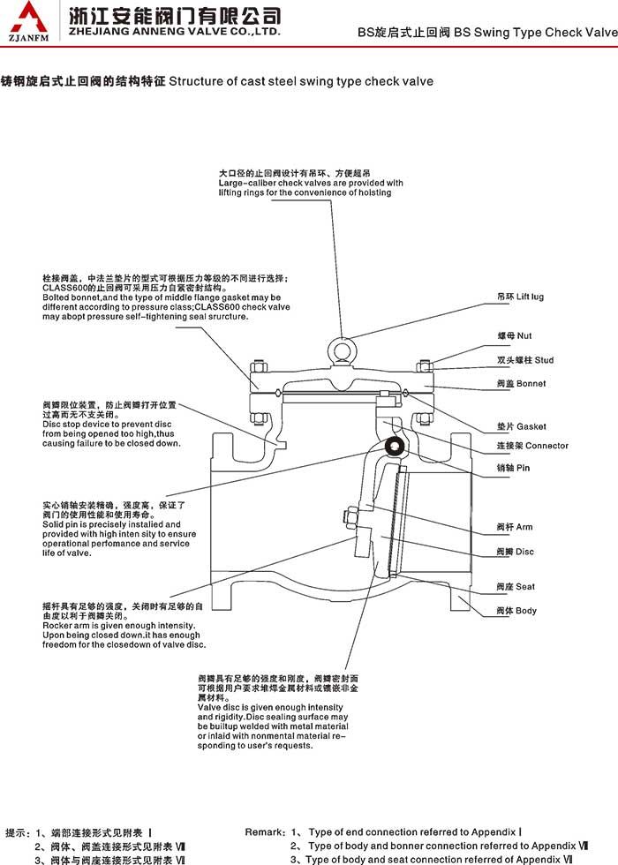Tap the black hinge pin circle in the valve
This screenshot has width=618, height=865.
pyautogui.click(x=392, y=447)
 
